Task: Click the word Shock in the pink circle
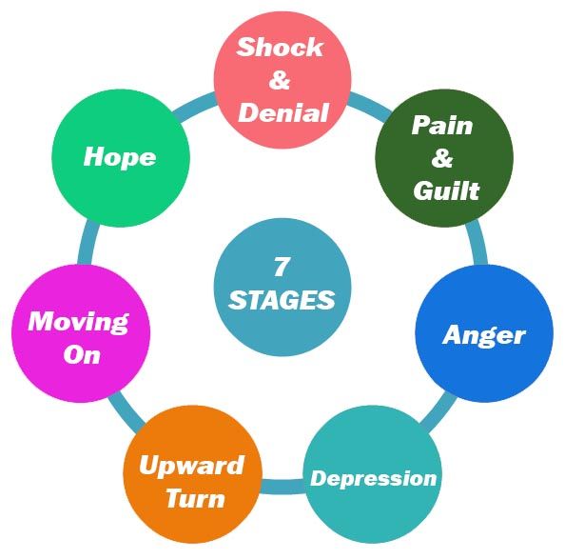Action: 280,47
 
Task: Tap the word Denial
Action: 283,112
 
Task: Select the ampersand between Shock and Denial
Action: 280,80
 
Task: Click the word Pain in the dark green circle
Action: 442,126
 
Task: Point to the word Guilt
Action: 446,190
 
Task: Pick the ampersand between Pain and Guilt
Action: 442,157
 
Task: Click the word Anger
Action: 484,336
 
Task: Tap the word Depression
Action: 373,479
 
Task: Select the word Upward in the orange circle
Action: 192,466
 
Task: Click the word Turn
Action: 196,498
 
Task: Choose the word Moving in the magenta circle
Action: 79,322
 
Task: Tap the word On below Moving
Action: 82,354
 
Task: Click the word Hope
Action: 120,158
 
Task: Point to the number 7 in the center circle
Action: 281,267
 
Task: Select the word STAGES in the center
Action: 282,300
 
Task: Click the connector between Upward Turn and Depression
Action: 282,487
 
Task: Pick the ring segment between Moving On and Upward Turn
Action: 127,411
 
